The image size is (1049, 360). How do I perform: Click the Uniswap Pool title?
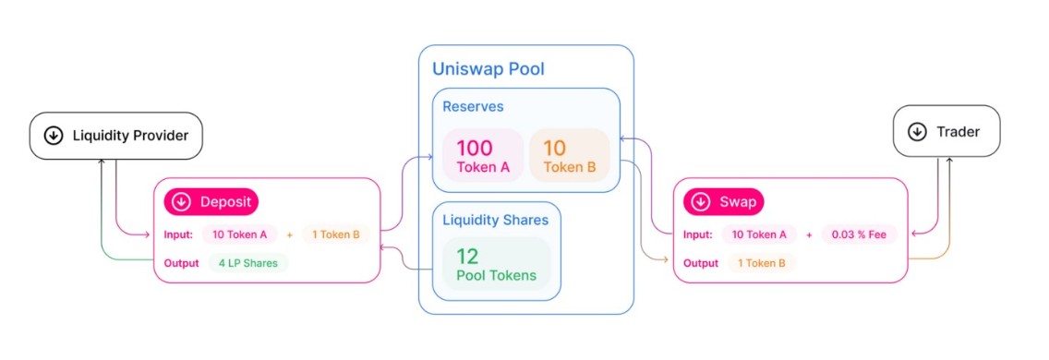pos(488,69)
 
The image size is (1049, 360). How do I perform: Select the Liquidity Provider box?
pos(115,136)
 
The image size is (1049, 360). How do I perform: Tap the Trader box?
pos(947,132)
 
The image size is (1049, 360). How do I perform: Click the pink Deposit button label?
pos(211,202)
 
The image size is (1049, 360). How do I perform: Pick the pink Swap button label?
pos(723,202)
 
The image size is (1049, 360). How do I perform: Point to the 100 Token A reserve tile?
pos(482,155)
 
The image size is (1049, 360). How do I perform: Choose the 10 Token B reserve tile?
pos(569,155)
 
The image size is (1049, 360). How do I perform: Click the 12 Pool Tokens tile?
pos(497,264)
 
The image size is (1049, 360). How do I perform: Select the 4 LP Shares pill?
pos(247,262)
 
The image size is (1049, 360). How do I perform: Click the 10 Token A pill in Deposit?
pos(239,234)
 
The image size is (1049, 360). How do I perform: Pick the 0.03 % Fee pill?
pos(859,234)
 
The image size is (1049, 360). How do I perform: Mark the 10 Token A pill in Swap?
pos(758,234)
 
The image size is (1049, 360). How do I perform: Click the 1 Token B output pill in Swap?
pos(762,263)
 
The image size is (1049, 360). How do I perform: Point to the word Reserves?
pos(473,107)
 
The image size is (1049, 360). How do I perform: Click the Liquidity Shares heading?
pos(496,221)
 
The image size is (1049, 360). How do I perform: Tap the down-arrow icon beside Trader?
pos(917,132)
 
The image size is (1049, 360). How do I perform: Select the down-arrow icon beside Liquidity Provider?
pos(54,136)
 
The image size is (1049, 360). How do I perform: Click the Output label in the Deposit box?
pos(181,263)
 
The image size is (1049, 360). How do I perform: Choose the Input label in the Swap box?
pos(698,234)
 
